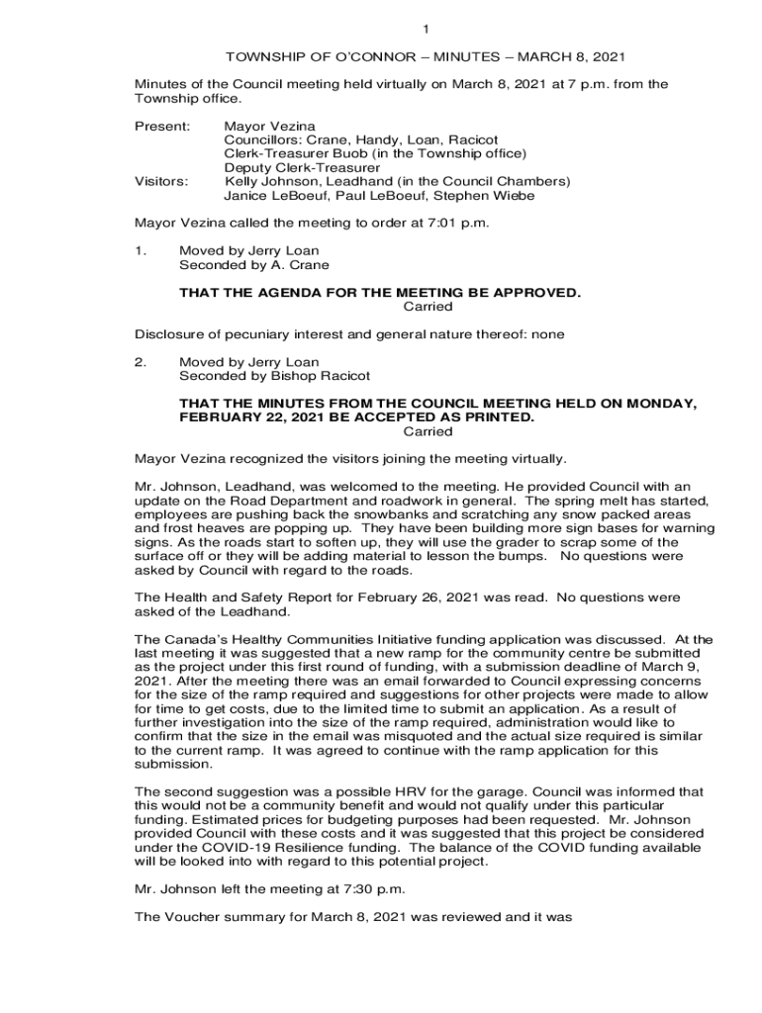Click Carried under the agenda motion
point(429,307)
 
